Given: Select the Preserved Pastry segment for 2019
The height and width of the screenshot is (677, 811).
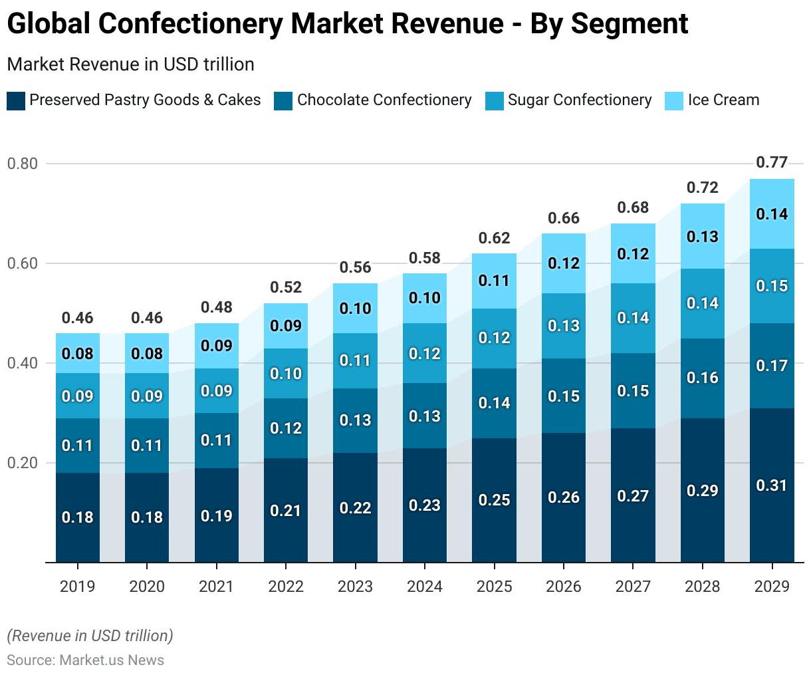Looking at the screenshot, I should (x=78, y=532).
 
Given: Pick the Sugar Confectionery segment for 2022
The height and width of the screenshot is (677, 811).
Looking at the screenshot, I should (x=286, y=386).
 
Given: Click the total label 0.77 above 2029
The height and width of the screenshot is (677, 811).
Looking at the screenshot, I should (x=772, y=162).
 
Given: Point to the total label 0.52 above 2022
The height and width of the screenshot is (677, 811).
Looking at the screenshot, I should (x=286, y=287).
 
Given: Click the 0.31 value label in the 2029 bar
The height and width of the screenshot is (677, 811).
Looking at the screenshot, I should (x=772, y=485).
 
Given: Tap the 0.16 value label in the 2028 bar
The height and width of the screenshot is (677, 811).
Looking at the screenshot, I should (x=703, y=378).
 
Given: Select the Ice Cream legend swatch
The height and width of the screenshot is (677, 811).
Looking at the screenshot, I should (x=674, y=101).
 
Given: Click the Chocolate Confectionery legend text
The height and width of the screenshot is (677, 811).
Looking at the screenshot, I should (x=384, y=100).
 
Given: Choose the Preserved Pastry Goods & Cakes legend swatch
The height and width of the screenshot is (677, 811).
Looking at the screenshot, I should (x=16, y=101).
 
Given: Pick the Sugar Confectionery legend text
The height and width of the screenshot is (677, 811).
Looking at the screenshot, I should (x=580, y=100).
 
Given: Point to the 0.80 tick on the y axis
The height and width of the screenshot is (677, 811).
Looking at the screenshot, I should (x=23, y=164).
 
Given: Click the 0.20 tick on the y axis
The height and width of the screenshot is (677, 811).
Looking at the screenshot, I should (x=23, y=463).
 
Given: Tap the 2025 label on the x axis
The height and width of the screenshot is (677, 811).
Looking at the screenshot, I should (x=495, y=587).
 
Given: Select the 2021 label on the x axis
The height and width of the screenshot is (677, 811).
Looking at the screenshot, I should (x=217, y=587).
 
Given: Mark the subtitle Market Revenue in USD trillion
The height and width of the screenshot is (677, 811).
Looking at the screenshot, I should (x=130, y=65).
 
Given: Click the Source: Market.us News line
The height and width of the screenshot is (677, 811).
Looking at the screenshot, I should (x=86, y=660).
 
